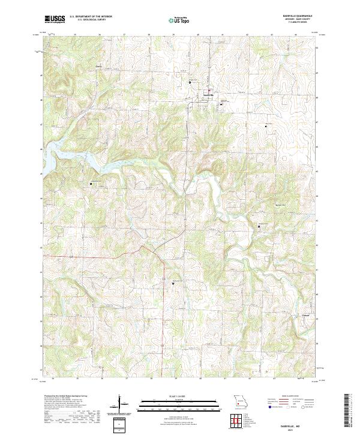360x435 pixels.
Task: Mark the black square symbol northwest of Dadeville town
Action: click(190, 82)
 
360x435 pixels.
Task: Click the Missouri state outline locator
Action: click(241, 401)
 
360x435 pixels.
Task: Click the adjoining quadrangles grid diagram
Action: click(240, 421)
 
